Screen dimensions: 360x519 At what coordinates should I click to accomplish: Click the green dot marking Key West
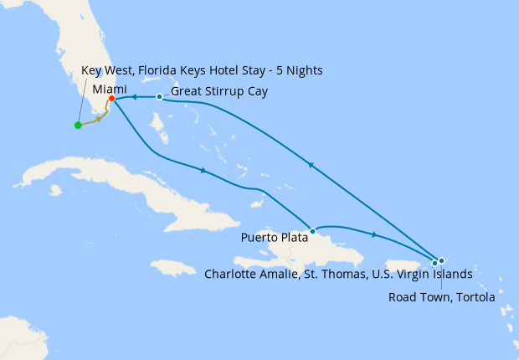pyautogui.click(x=78, y=126)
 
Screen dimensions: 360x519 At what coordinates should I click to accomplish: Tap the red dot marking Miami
pyautogui.click(x=111, y=99)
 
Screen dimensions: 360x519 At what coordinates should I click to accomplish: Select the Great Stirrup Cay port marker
pyautogui.click(x=159, y=97)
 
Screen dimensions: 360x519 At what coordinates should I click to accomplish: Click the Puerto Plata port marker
pyautogui.click(x=312, y=230)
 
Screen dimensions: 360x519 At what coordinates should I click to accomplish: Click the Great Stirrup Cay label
pyautogui.click(x=218, y=91)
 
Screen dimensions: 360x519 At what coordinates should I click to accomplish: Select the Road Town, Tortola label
pyautogui.click(x=441, y=296)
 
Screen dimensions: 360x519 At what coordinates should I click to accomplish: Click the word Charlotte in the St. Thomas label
pyautogui.click(x=231, y=274)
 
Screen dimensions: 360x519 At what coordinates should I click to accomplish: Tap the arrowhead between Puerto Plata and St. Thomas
pyautogui.click(x=373, y=235)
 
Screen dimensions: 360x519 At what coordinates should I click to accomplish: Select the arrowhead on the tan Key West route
pyautogui.click(x=99, y=120)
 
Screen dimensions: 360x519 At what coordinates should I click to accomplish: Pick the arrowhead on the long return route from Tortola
pyautogui.click(x=311, y=165)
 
